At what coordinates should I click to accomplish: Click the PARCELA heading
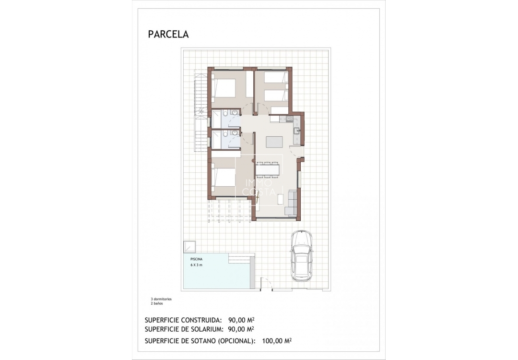pyautogui.click(x=168, y=35)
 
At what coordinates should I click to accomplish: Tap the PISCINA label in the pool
pyautogui.click(x=196, y=259)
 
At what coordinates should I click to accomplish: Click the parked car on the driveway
pyautogui.click(x=302, y=256)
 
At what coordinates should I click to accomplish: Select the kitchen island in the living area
pyautogui.click(x=275, y=142)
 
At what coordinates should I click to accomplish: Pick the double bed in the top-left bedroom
pyautogui.click(x=224, y=88)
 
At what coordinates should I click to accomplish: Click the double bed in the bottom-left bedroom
pyautogui.click(x=224, y=177)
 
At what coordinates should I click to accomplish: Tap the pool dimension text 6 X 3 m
pyautogui.click(x=197, y=264)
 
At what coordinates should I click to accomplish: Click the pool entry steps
pyautogui.click(x=239, y=259)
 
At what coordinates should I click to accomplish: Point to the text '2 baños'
pyautogui.click(x=157, y=303)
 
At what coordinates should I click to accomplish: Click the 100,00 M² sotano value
pyautogui.click(x=277, y=341)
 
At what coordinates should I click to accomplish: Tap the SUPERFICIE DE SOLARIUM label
pyautogui.click(x=184, y=329)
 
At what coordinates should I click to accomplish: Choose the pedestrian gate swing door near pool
pyautogui.click(x=267, y=284)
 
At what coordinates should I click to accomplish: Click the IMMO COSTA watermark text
pyautogui.click(x=259, y=187)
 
